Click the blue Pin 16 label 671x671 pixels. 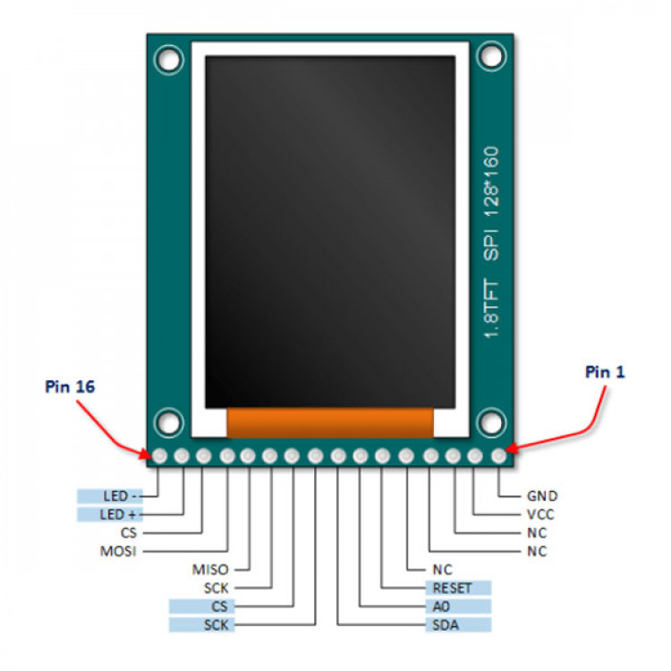[70, 386]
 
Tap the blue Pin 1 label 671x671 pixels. [605, 372]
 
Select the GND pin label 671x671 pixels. [542, 496]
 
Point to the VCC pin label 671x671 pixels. [540, 514]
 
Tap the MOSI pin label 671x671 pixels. [118, 551]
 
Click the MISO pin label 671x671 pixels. [210, 570]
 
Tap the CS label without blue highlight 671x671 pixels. [128, 533]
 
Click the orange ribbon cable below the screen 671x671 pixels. [330, 423]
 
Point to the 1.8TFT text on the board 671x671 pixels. [491, 308]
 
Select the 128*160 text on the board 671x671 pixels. [491, 182]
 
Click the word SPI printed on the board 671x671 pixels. [491, 246]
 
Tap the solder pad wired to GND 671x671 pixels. [498, 456]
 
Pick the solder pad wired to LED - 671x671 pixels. [160, 456]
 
